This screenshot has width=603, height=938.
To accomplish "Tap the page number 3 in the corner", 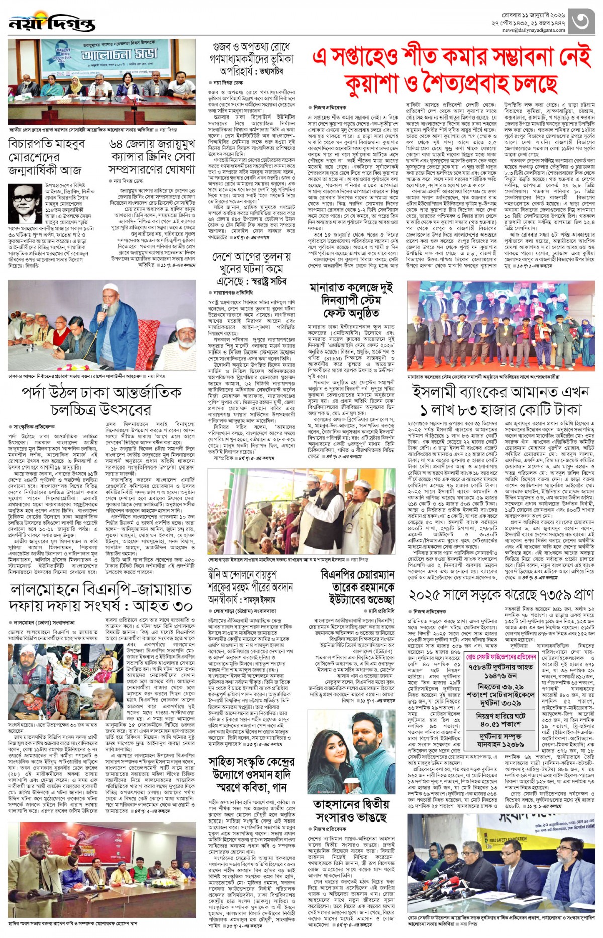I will coord(582,21).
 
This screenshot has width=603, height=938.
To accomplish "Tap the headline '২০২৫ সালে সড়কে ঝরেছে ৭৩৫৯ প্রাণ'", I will coord(500,595).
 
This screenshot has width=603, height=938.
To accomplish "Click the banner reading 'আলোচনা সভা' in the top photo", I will coord(119,54).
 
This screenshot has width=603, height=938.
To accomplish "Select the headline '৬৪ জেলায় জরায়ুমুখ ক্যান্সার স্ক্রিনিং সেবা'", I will coord(152,156).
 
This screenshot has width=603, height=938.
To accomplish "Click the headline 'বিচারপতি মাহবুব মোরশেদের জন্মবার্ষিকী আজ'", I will coord(47,156).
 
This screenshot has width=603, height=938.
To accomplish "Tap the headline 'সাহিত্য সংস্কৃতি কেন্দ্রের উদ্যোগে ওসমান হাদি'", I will coord(251,774).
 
